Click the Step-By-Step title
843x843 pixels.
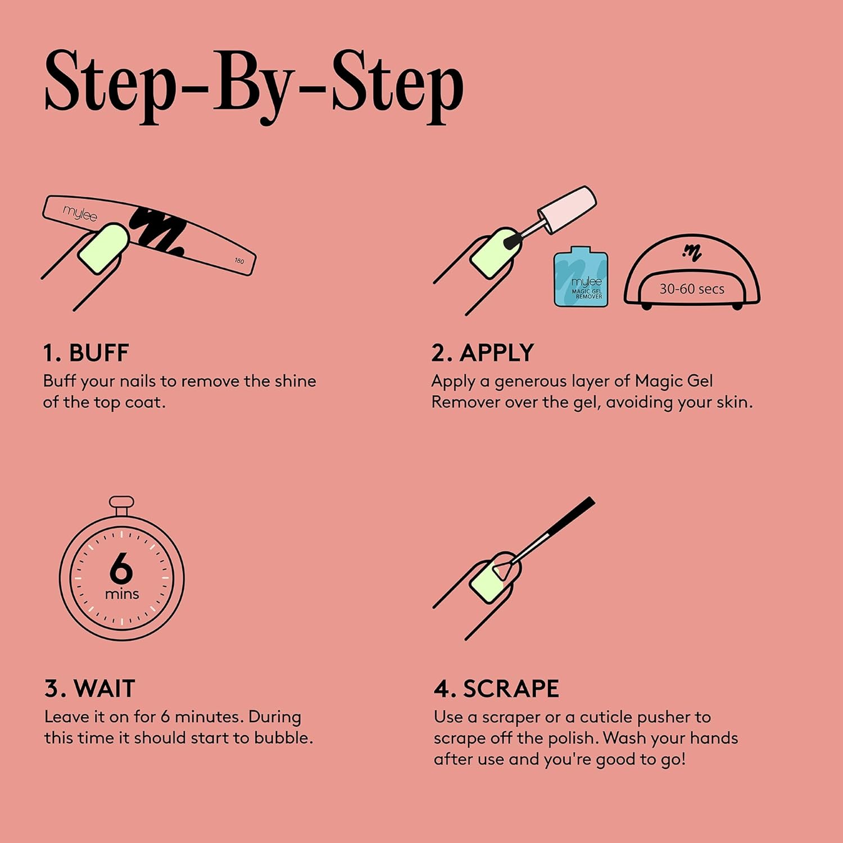[x=254, y=86]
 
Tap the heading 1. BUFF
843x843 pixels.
[x=86, y=353]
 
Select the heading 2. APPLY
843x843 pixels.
[x=483, y=353]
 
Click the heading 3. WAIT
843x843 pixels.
[x=90, y=688]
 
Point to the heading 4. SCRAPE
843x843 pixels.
[x=496, y=688]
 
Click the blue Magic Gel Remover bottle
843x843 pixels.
[x=581, y=277]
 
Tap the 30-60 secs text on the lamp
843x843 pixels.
[x=692, y=289]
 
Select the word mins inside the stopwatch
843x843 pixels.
[x=122, y=594]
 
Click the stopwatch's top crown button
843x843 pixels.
[x=121, y=504]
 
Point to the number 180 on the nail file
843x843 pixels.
[x=239, y=261]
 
